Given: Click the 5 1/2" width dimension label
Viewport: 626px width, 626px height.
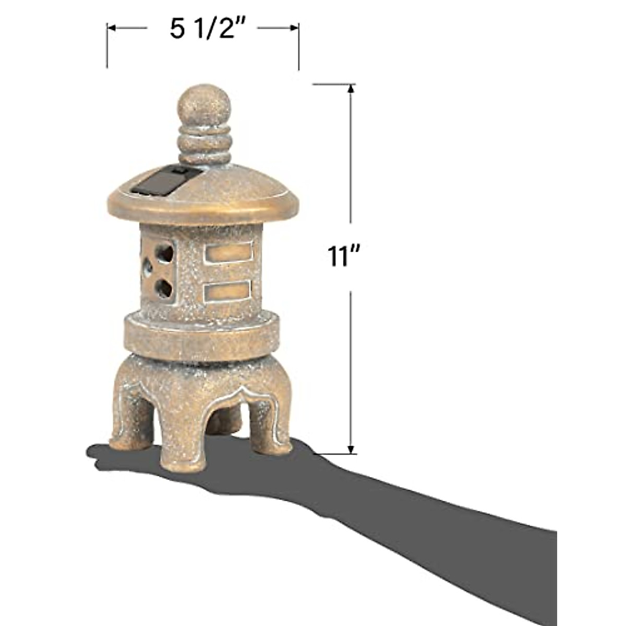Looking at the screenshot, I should point(208,29).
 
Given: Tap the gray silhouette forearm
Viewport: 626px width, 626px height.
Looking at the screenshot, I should point(443,511).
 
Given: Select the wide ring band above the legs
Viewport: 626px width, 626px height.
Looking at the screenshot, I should point(200,336).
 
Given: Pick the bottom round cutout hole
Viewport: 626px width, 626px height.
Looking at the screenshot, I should point(164,287).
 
